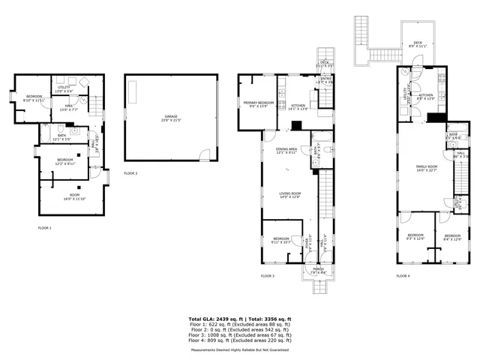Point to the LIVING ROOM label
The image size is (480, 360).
point(289,194)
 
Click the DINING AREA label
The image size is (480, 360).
point(286,150)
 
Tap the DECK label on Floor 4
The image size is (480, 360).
point(418,43)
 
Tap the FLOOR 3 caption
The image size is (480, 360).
point(268,276)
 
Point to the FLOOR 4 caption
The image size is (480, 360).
point(403,276)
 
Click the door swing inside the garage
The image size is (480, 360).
point(204,154)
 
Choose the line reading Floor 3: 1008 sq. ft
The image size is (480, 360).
point(239,335)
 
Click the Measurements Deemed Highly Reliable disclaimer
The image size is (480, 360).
point(239,349)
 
